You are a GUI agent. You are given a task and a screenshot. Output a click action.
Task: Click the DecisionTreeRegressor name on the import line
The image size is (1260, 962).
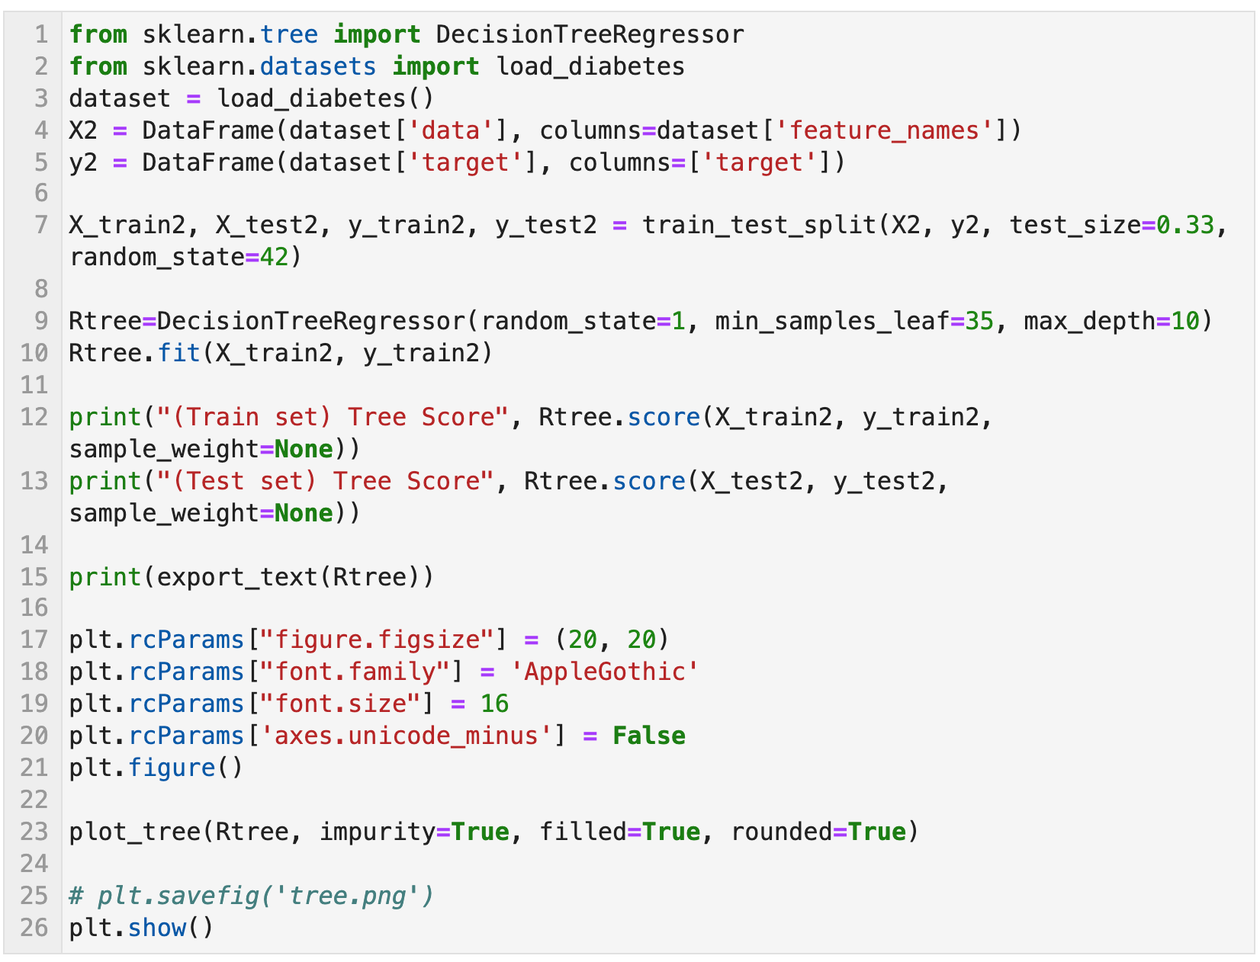pyautogui.click(x=590, y=35)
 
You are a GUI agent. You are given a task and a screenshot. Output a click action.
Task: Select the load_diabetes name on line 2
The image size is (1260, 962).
pyautogui.click(x=590, y=67)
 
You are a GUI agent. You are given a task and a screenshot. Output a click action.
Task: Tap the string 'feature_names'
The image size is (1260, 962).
pyautogui.click(x=883, y=131)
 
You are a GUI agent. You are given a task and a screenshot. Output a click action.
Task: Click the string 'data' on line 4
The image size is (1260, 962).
pyautogui.click(x=451, y=131)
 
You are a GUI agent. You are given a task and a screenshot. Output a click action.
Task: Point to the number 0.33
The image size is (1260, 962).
pyautogui.click(x=1184, y=226)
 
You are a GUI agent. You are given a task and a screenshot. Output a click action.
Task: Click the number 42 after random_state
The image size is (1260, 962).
pyautogui.click(x=275, y=258)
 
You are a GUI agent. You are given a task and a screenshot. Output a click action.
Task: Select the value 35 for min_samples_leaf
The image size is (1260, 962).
pyautogui.click(x=979, y=322)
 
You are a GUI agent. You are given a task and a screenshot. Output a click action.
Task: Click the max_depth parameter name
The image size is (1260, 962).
pyautogui.click(x=1089, y=322)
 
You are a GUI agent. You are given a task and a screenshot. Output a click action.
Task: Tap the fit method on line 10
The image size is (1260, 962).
pyautogui.click(x=179, y=354)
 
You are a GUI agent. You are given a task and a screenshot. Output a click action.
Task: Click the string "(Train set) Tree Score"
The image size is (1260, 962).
pyautogui.click(x=333, y=418)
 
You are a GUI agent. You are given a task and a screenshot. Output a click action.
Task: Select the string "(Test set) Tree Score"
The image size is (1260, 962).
pyautogui.click(x=325, y=482)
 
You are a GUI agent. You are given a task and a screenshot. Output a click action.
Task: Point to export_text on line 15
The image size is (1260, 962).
pyautogui.click(x=236, y=577)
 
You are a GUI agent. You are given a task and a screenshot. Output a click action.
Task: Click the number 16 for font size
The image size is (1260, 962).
pyautogui.click(x=494, y=704)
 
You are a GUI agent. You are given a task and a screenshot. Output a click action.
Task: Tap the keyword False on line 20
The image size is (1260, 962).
pyautogui.click(x=648, y=736)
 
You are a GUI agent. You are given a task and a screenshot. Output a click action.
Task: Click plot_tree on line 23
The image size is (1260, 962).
pyautogui.click(x=134, y=832)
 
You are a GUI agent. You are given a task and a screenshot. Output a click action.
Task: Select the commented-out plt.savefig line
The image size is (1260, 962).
pyautogui.click(x=252, y=896)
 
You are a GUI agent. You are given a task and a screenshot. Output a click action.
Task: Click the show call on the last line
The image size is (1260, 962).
pyautogui.click(x=157, y=928)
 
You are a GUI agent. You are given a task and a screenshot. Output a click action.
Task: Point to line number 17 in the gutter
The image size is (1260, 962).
pyautogui.click(x=34, y=640)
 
